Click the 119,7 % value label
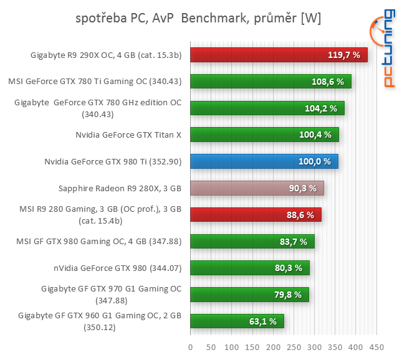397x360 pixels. tap(344, 55)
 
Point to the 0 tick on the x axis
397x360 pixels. tap(190, 346)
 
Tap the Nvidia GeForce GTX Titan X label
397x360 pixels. tap(128, 135)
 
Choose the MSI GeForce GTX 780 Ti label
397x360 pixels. tap(95, 81)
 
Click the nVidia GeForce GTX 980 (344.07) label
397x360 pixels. tap(118, 268)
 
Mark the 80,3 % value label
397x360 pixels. tap(290, 268)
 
